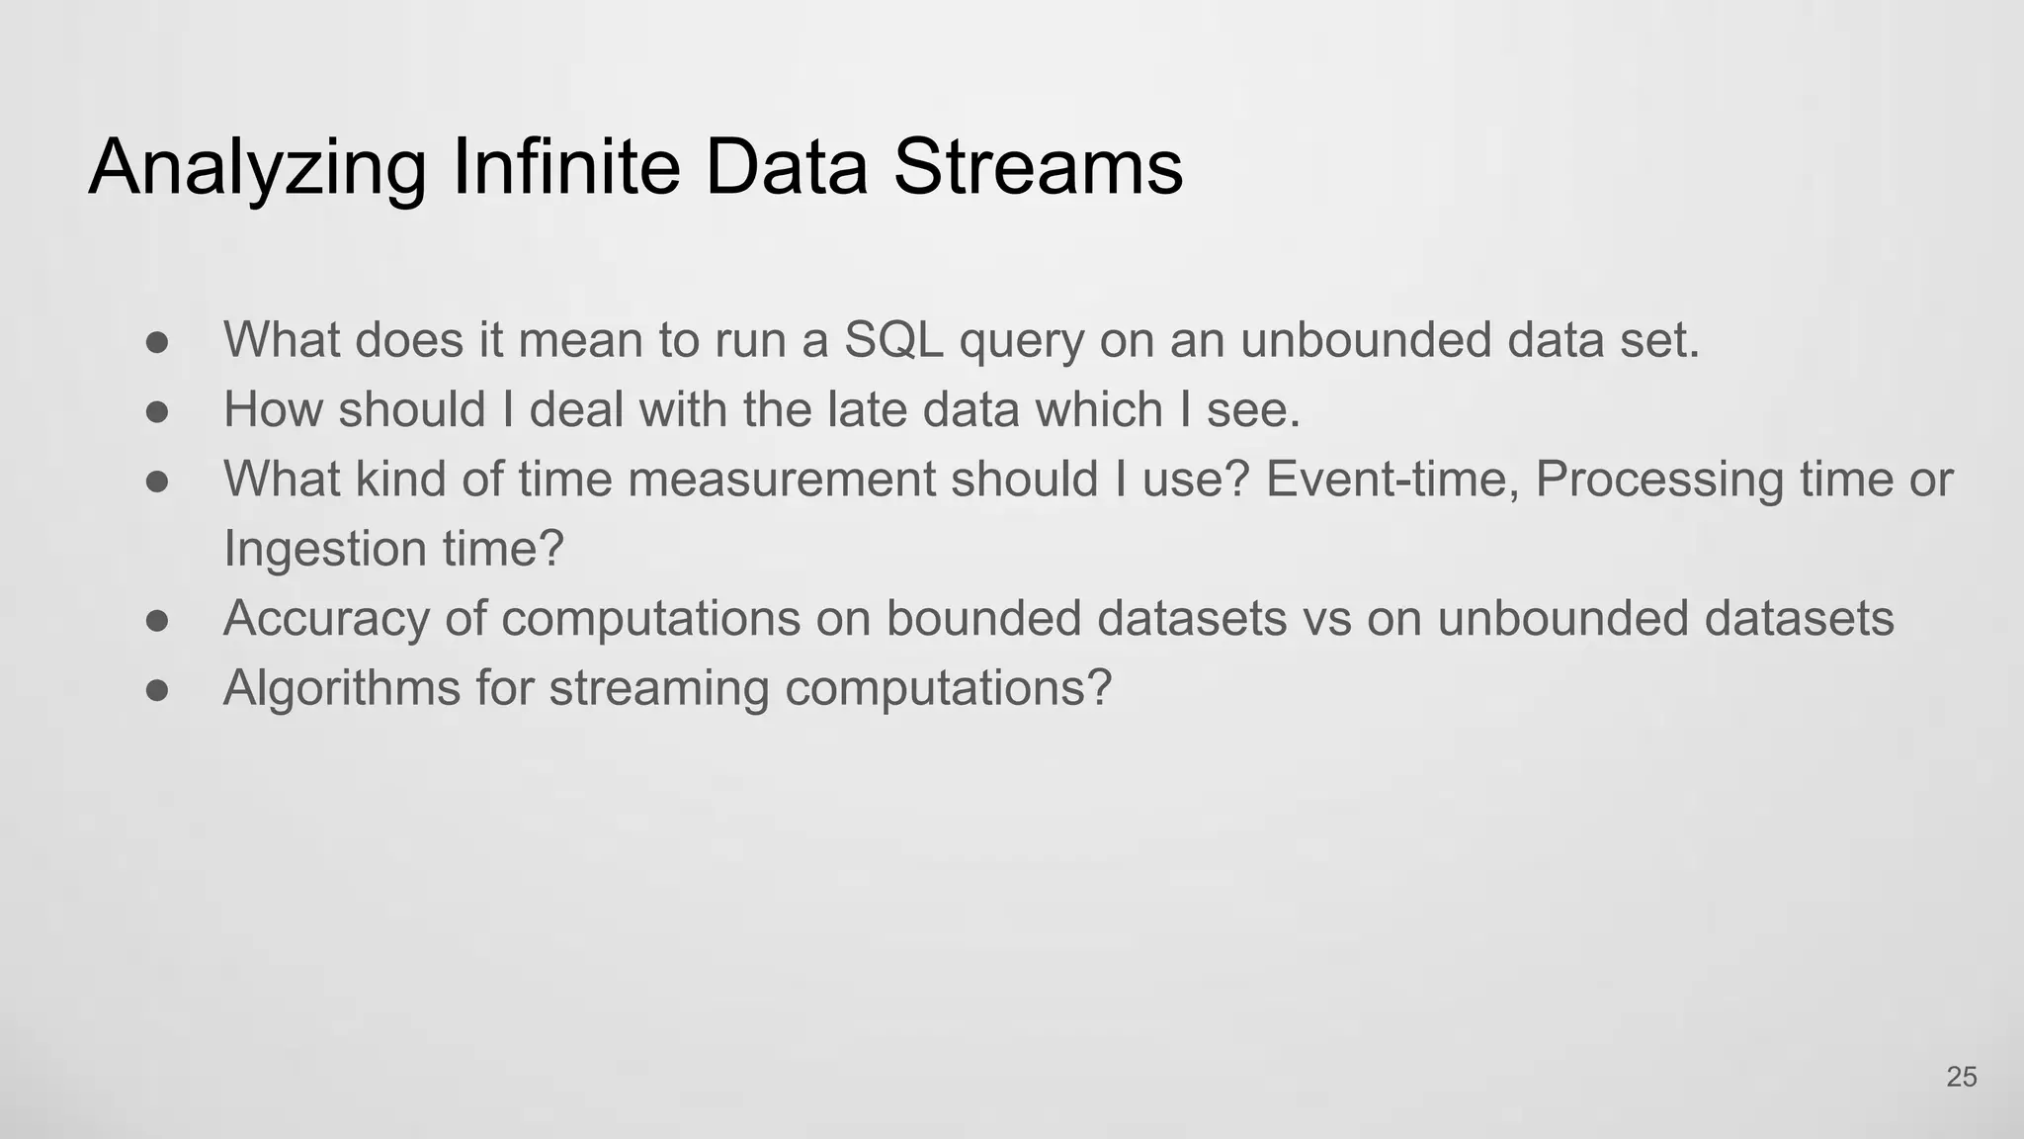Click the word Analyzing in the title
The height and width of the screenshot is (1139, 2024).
pos(257,168)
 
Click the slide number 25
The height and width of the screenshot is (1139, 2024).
pos(1961,1077)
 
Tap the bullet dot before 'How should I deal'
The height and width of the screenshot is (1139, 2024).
pos(157,411)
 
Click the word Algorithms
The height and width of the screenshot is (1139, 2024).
pos(341,688)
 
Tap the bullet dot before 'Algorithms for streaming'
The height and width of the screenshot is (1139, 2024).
pos(157,689)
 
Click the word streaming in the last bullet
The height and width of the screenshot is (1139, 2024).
pos(658,688)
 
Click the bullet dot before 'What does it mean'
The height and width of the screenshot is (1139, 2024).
pos(157,342)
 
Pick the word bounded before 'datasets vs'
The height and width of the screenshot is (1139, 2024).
pos(982,619)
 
